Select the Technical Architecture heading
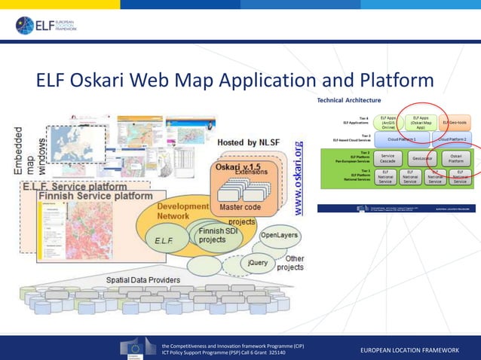[348, 100]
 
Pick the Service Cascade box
[388, 159]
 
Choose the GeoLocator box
[421, 159]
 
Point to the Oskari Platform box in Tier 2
[456, 159]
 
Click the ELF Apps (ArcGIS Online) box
[388, 122]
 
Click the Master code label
[240, 206]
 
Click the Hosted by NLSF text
[250, 142]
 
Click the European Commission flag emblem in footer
[138, 349]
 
